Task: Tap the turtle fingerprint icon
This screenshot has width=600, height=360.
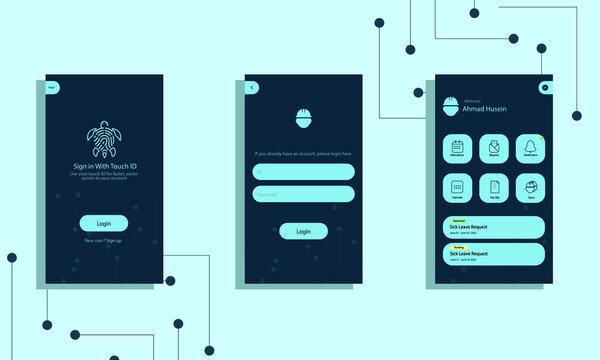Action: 104,137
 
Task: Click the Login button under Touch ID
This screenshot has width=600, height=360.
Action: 104,223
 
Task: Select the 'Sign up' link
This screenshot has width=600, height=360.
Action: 114,241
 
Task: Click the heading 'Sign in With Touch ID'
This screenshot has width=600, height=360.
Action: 104,164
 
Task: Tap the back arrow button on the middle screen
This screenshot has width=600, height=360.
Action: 253,87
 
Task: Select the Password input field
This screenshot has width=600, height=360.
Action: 304,194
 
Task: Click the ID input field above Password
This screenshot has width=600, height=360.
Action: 304,172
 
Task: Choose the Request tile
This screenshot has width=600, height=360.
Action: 493,148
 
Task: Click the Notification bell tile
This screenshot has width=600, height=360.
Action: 529,148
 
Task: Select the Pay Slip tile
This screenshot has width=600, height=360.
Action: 493,188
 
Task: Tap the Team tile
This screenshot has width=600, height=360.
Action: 529,188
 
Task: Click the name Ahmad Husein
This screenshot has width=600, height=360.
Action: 484,109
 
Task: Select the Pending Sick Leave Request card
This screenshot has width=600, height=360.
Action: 493,254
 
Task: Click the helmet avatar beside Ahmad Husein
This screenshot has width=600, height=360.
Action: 451,105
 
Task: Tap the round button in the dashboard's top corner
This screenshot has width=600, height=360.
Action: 545,87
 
